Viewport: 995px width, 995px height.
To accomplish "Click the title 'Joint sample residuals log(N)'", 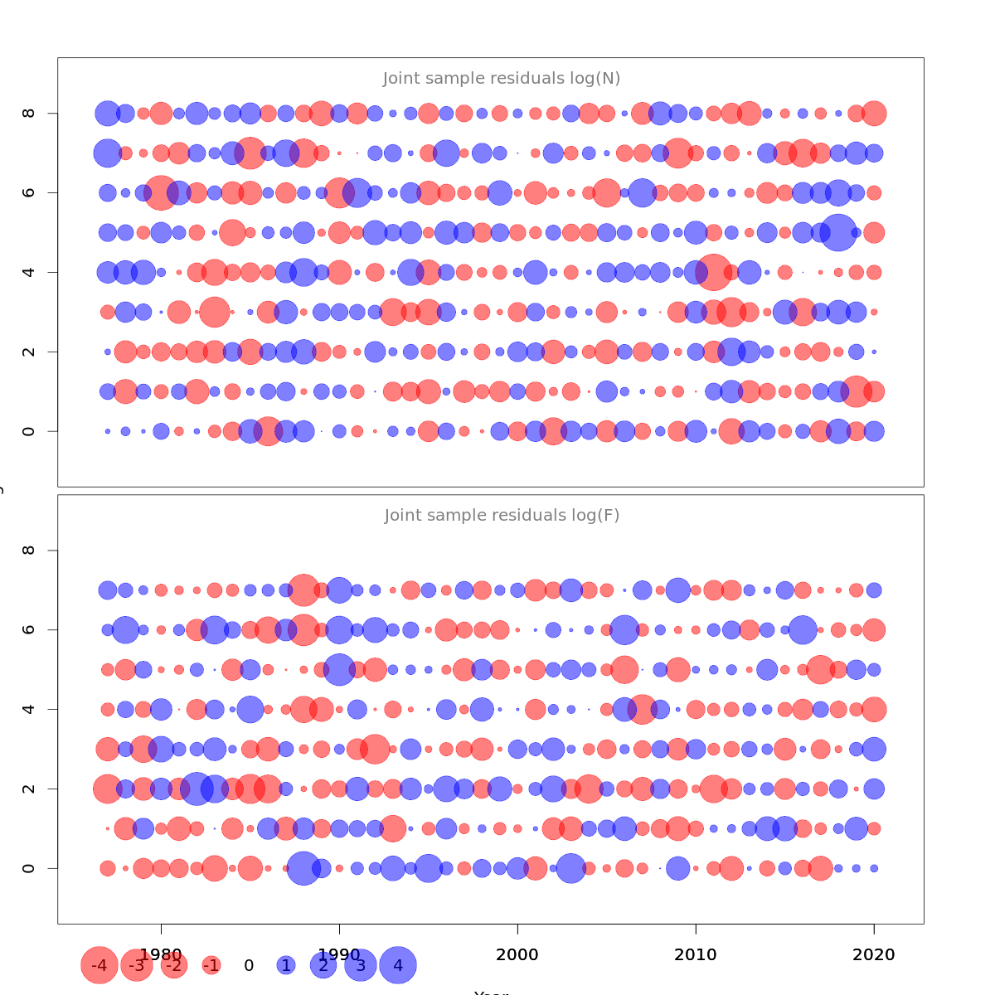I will pos(502,79).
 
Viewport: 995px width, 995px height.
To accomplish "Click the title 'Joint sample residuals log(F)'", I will pos(502,516).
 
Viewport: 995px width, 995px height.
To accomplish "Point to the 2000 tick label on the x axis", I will pos(517,954).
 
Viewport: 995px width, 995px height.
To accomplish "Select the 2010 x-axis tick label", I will pos(696,954).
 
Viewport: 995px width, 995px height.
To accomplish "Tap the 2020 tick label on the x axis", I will pos(874,954).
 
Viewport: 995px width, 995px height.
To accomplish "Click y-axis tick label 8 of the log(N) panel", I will pos(29,113).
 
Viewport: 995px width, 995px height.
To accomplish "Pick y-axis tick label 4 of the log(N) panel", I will pos(29,272).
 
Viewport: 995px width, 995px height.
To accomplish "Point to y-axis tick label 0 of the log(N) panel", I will pos(29,431).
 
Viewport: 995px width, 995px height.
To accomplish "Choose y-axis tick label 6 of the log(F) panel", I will pos(29,629).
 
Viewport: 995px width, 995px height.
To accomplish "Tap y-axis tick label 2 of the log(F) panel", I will pos(29,789).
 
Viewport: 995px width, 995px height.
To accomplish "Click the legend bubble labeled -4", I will pos(99,965).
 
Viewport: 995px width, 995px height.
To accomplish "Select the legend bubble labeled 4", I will pos(398,965).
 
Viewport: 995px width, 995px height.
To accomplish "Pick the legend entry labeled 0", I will pos(249,965).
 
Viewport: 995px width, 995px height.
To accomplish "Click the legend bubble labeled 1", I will pos(286,965).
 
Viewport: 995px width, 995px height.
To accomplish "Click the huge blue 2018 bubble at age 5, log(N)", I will pos(838,232).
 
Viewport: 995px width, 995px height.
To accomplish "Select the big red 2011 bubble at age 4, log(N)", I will pos(713,272).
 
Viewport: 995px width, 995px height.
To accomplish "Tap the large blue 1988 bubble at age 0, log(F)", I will pos(303,868).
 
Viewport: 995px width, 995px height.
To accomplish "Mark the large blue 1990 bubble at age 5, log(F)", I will pos(339,669).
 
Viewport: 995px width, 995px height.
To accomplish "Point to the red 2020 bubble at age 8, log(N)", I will pos(874,113).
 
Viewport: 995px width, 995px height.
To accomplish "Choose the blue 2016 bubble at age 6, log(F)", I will pos(803,629).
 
